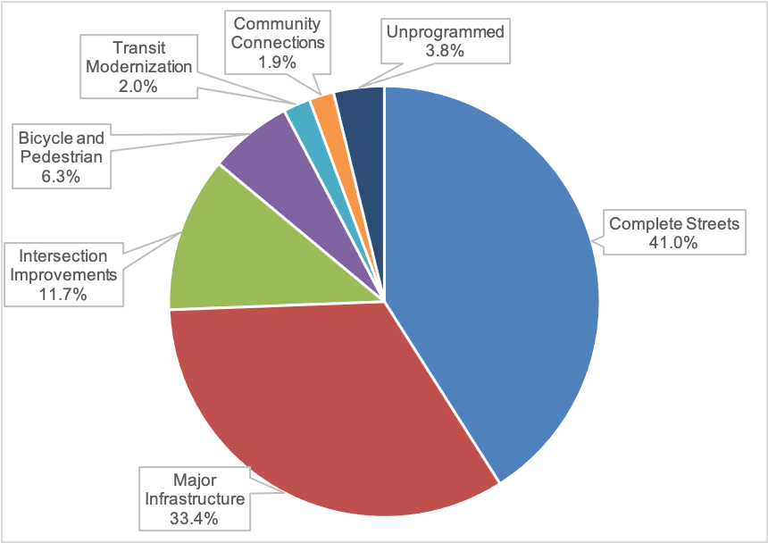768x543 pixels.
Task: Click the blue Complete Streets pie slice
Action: coord(491,268)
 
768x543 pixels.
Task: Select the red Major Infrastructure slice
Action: coord(321,402)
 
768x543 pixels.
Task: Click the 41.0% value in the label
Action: coord(674,241)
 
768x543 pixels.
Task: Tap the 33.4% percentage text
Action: coord(195,517)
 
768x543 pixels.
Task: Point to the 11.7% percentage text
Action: coord(63,293)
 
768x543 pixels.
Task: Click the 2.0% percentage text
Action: coord(138,86)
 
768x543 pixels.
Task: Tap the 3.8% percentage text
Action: coord(444,51)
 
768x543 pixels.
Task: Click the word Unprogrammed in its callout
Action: coord(445,32)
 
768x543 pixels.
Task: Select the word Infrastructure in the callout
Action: coord(195,498)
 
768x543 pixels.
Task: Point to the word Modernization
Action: coord(138,67)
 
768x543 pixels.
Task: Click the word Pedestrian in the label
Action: coord(61,157)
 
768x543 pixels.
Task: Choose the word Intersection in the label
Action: coord(63,255)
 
